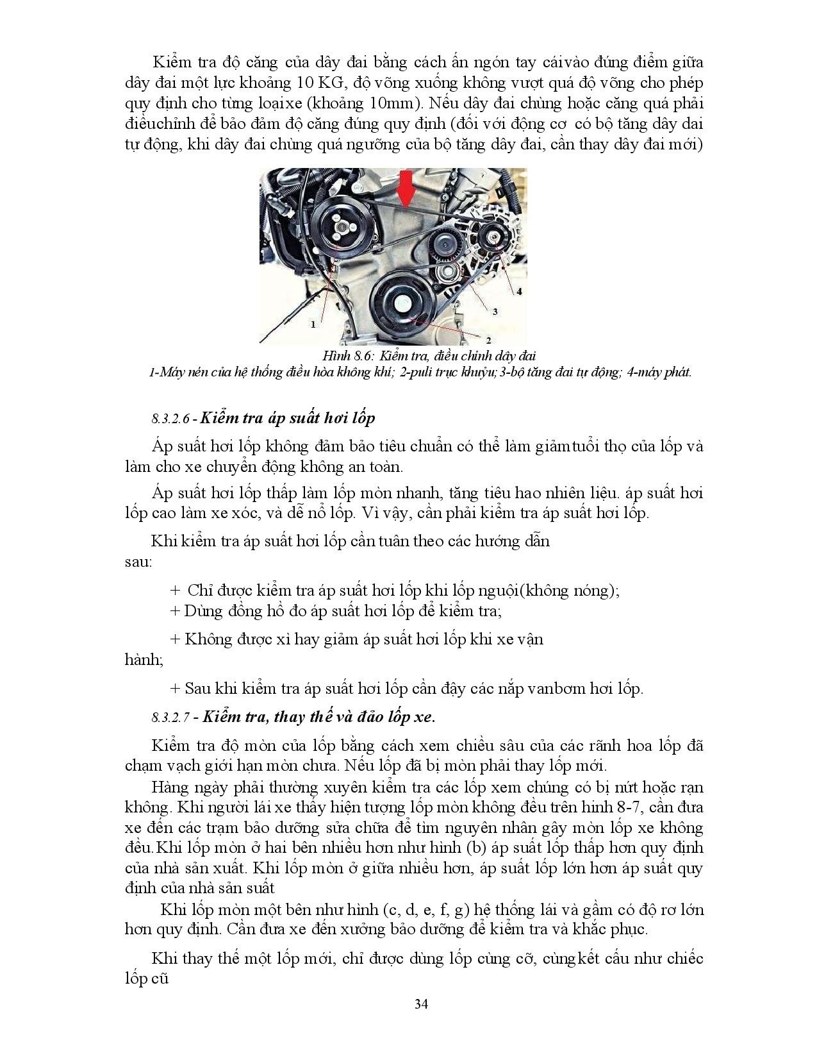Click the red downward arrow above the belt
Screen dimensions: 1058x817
(x=405, y=189)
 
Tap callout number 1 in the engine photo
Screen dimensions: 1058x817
(x=313, y=324)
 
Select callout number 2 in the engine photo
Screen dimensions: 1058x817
(x=488, y=340)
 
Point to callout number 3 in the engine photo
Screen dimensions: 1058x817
(x=495, y=311)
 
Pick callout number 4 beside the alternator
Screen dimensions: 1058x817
(x=519, y=290)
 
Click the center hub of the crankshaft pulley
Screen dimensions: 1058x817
(x=402, y=301)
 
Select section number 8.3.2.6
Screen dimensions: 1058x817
(x=173, y=419)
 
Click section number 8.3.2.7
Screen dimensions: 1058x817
(x=173, y=718)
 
